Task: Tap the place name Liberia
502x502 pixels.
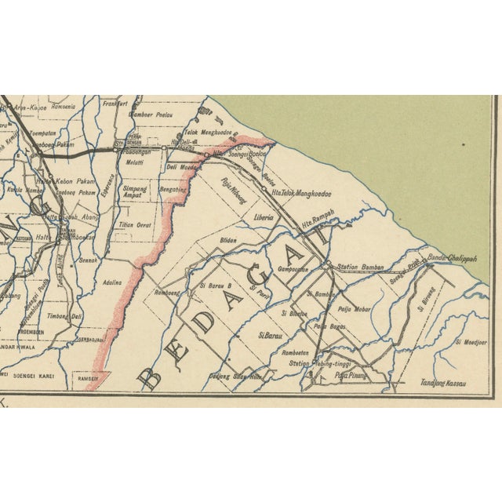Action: [x=264, y=216]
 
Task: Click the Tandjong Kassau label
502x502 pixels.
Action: [x=443, y=384]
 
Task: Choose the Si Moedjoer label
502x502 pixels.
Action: [x=471, y=343]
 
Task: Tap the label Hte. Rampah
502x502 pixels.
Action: [x=318, y=222]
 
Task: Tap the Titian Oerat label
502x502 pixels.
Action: [x=136, y=224]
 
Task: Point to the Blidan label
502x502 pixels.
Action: [x=228, y=240]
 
